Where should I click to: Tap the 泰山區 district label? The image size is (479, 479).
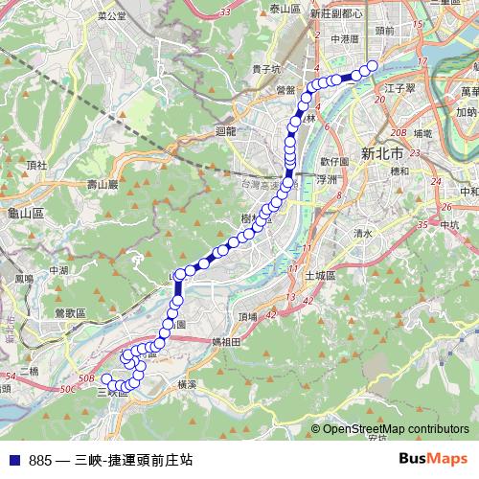[285, 9]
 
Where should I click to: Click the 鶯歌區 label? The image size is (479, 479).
[70, 313]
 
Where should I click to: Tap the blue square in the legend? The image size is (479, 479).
[12, 460]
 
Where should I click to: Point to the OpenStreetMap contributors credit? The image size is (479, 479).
[395, 428]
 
